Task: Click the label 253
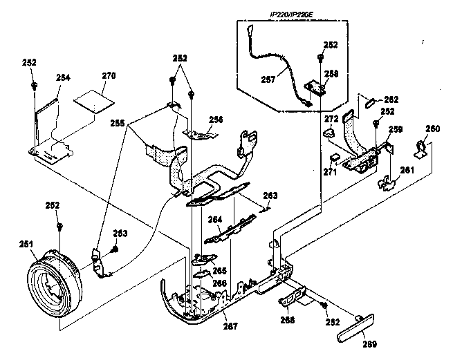coord(120,234)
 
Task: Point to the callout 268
coord(288,320)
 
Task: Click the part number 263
coord(270,196)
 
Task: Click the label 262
coord(391,99)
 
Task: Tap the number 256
coord(216,120)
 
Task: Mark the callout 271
coord(331,171)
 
